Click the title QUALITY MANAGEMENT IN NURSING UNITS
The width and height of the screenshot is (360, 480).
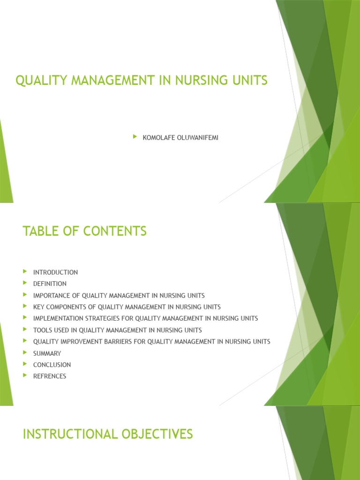[142, 81]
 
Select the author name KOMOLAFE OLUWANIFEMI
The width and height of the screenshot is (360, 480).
[180, 138]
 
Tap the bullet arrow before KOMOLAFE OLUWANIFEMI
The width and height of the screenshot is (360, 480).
[135, 137]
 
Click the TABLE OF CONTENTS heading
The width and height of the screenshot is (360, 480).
[84, 231]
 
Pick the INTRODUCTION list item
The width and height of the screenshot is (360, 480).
[55, 272]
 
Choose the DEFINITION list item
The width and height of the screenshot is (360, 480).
[50, 284]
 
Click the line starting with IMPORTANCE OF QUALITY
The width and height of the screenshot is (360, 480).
[119, 295]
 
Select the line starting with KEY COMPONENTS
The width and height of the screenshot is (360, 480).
[127, 307]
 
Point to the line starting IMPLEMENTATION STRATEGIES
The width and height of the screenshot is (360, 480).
[145, 318]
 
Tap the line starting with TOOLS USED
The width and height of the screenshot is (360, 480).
[117, 330]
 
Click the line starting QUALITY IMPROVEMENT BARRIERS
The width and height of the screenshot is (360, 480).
[151, 342]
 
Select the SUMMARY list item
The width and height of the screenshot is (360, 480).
[47, 353]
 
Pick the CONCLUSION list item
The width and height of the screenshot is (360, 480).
[52, 365]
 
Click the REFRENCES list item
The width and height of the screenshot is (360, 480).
[50, 376]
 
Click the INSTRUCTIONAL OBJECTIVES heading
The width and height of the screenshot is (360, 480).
[108, 435]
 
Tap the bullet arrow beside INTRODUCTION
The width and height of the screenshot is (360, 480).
[25, 272]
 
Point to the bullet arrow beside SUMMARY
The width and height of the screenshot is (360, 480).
[25, 353]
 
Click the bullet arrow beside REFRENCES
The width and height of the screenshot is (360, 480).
[25, 375]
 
